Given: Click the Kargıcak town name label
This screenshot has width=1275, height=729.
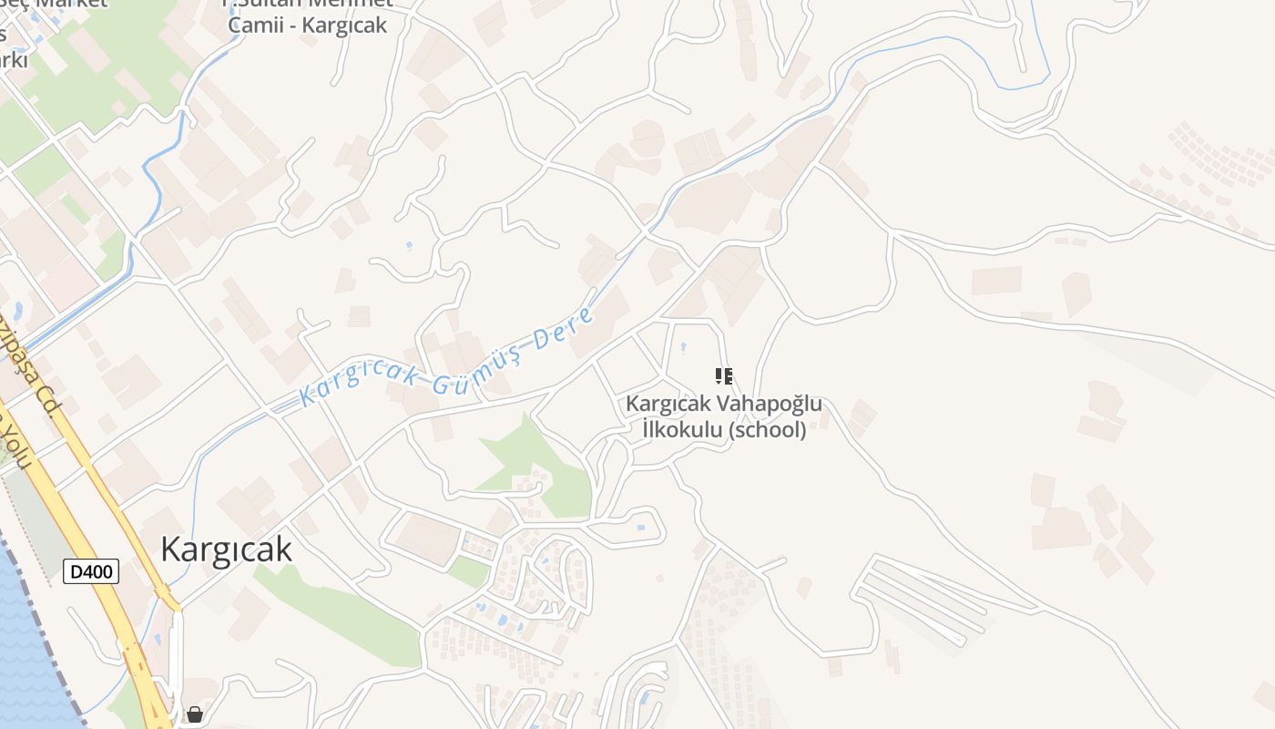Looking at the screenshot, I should (x=226, y=549).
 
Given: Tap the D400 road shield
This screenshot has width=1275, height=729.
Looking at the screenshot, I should (x=91, y=572).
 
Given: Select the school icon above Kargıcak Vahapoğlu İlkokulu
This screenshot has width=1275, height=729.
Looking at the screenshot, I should (x=724, y=375).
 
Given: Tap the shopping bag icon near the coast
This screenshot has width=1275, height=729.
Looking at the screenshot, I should (x=195, y=714).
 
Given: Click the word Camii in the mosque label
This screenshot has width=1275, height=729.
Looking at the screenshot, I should (x=256, y=25).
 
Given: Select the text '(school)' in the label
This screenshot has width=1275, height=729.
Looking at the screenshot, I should (x=768, y=430).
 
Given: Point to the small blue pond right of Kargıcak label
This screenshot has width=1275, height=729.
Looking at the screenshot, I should (x=640, y=528).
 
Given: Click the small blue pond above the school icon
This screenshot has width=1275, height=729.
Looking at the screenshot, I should (x=683, y=346).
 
